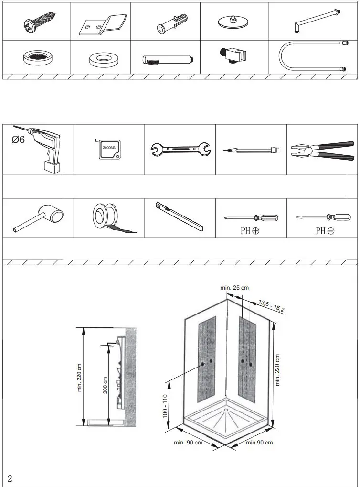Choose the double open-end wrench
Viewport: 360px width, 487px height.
tap(180, 150)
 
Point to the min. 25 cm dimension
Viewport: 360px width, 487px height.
tap(234, 288)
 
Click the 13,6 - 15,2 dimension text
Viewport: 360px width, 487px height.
tap(271, 305)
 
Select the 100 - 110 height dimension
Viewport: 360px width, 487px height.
tap(165, 406)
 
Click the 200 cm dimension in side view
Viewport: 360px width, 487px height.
tap(105, 384)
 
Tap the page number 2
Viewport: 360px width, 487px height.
tap(10, 479)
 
